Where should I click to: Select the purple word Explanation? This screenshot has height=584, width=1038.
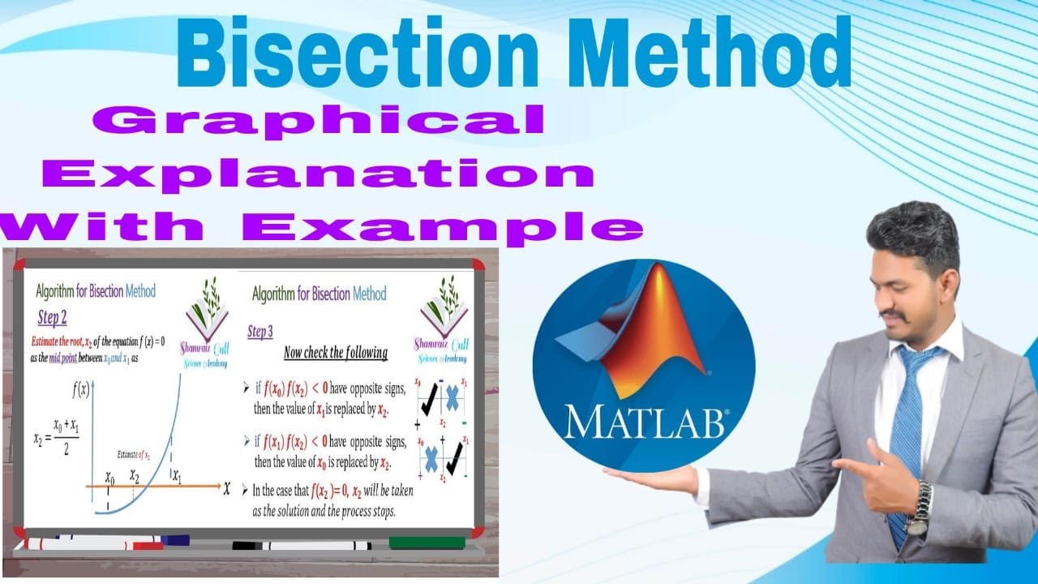(x=318, y=174)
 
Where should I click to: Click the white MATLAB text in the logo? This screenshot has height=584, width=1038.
(x=646, y=422)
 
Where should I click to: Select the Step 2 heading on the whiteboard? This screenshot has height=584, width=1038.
(x=53, y=317)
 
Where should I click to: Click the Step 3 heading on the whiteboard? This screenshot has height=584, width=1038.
(x=260, y=332)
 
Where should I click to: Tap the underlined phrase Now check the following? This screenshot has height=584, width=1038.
(x=335, y=353)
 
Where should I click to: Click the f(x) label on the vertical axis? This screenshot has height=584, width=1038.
(x=81, y=389)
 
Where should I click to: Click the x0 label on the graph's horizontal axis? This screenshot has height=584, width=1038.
(x=109, y=478)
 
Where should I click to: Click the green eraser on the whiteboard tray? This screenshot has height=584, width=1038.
(x=427, y=543)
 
